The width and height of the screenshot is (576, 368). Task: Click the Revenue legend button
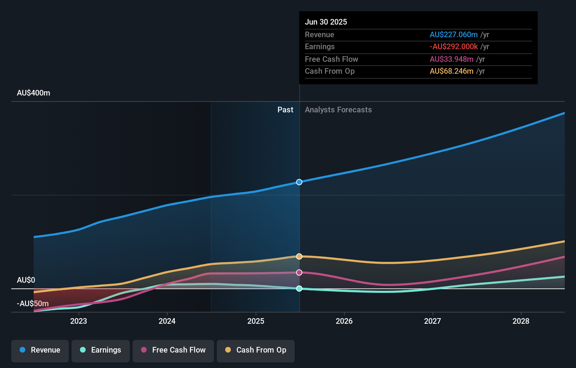(40, 350)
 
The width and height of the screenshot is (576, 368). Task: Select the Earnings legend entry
(101, 350)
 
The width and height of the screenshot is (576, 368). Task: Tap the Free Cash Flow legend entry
(173, 350)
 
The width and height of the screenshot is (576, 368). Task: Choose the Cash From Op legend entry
(256, 350)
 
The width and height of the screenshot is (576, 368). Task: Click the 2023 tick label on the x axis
(79, 321)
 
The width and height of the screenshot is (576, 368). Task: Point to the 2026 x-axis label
(344, 321)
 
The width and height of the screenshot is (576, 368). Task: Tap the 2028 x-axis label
(521, 321)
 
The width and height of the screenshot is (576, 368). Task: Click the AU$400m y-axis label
(33, 93)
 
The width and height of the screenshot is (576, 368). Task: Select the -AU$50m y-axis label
(33, 303)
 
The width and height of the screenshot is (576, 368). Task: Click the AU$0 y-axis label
(26, 280)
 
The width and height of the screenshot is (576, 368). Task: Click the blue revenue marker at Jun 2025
(299, 182)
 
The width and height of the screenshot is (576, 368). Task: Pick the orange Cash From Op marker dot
(299, 256)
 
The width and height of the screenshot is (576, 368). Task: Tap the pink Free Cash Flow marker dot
(299, 272)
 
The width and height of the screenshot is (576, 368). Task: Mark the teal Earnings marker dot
(299, 289)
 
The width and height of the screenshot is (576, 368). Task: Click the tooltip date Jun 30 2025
(326, 22)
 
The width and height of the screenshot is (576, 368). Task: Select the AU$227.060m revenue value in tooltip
(454, 34)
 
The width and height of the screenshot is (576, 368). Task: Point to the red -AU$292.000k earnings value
(454, 46)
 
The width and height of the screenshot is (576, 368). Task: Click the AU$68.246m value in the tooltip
(451, 71)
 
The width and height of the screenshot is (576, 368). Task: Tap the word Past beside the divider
(285, 110)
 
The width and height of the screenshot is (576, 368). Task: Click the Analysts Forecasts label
(338, 110)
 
